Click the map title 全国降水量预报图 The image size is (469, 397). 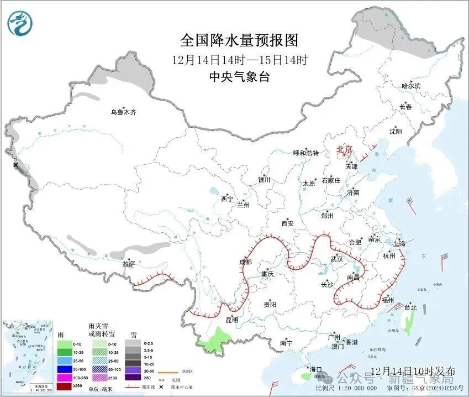tap(239, 40)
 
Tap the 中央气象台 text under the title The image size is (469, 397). tap(239, 77)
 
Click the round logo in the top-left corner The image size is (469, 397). tap(20, 23)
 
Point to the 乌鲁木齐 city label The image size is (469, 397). tap(123, 112)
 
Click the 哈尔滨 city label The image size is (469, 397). tap(410, 86)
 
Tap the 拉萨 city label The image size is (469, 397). tap(128, 264)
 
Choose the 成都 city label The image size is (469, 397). tap(245, 262)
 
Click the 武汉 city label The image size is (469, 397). tap(336, 259)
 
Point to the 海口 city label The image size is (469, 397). tap(315, 369)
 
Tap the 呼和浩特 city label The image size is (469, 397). tap(305, 153)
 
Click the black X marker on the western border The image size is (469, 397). tap(15, 165)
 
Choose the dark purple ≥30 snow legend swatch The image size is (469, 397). tap(133, 378)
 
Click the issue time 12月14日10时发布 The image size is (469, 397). tap(413, 370)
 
